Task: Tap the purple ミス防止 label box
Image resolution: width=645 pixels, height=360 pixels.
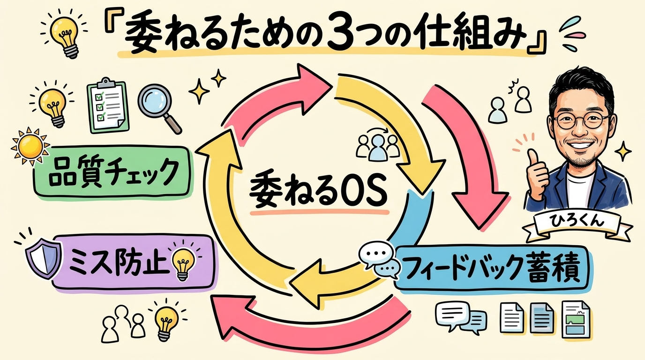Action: (131, 262)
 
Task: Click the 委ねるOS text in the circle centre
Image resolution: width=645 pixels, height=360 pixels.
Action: (318, 190)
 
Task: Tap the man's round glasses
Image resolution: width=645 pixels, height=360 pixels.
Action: (581, 121)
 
